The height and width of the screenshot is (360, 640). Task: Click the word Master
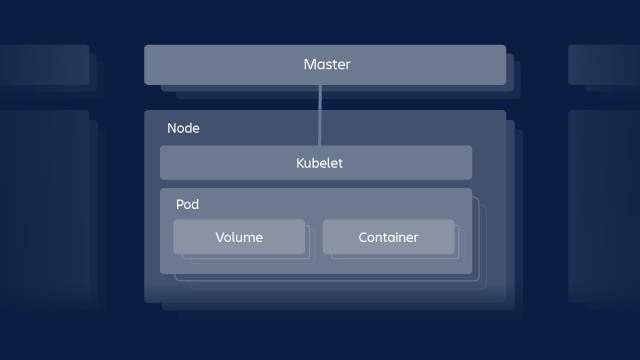click(x=327, y=65)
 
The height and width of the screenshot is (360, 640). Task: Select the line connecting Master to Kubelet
click(x=320, y=115)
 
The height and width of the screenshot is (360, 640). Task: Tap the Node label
click(x=183, y=129)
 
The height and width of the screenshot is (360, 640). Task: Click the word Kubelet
click(x=319, y=163)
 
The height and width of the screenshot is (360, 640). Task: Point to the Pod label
click(x=187, y=204)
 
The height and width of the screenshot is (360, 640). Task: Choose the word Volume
click(x=239, y=237)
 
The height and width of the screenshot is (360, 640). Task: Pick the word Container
click(x=388, y=237)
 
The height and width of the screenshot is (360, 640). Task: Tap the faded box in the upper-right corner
click(x=602, y=66)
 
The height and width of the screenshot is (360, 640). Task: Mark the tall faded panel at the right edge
click(x=602, y=205)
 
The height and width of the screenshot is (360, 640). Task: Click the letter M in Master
click(x=309, y=65)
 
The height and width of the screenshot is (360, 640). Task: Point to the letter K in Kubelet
click(x=300, y=163)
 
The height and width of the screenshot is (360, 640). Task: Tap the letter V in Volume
click(x=220, y=237)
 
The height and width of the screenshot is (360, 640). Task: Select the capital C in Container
click(x=363, y=237)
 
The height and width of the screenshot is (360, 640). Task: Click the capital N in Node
click(x=172, y=129)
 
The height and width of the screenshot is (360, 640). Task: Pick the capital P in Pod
click(x=180, y=204)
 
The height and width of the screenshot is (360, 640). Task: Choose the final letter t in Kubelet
click(x=340, y=163)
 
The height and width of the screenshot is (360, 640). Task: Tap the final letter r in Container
click(x=416, y=238)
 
